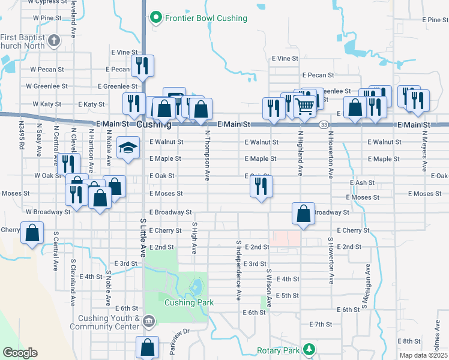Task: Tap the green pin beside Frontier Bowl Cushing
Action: (156, 18)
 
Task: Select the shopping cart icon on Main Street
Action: (305, 106)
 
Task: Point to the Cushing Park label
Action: (189, 302)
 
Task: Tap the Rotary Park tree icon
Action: (309, 349)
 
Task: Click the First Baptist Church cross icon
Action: (54, 41)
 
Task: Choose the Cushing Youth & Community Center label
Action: (104, 322)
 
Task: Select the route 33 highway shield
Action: (324, 124)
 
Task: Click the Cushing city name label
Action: (154, 125)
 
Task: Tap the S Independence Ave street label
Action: (238, 271)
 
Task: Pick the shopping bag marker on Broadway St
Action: (304, 214)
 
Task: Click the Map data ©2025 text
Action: (422, 355)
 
